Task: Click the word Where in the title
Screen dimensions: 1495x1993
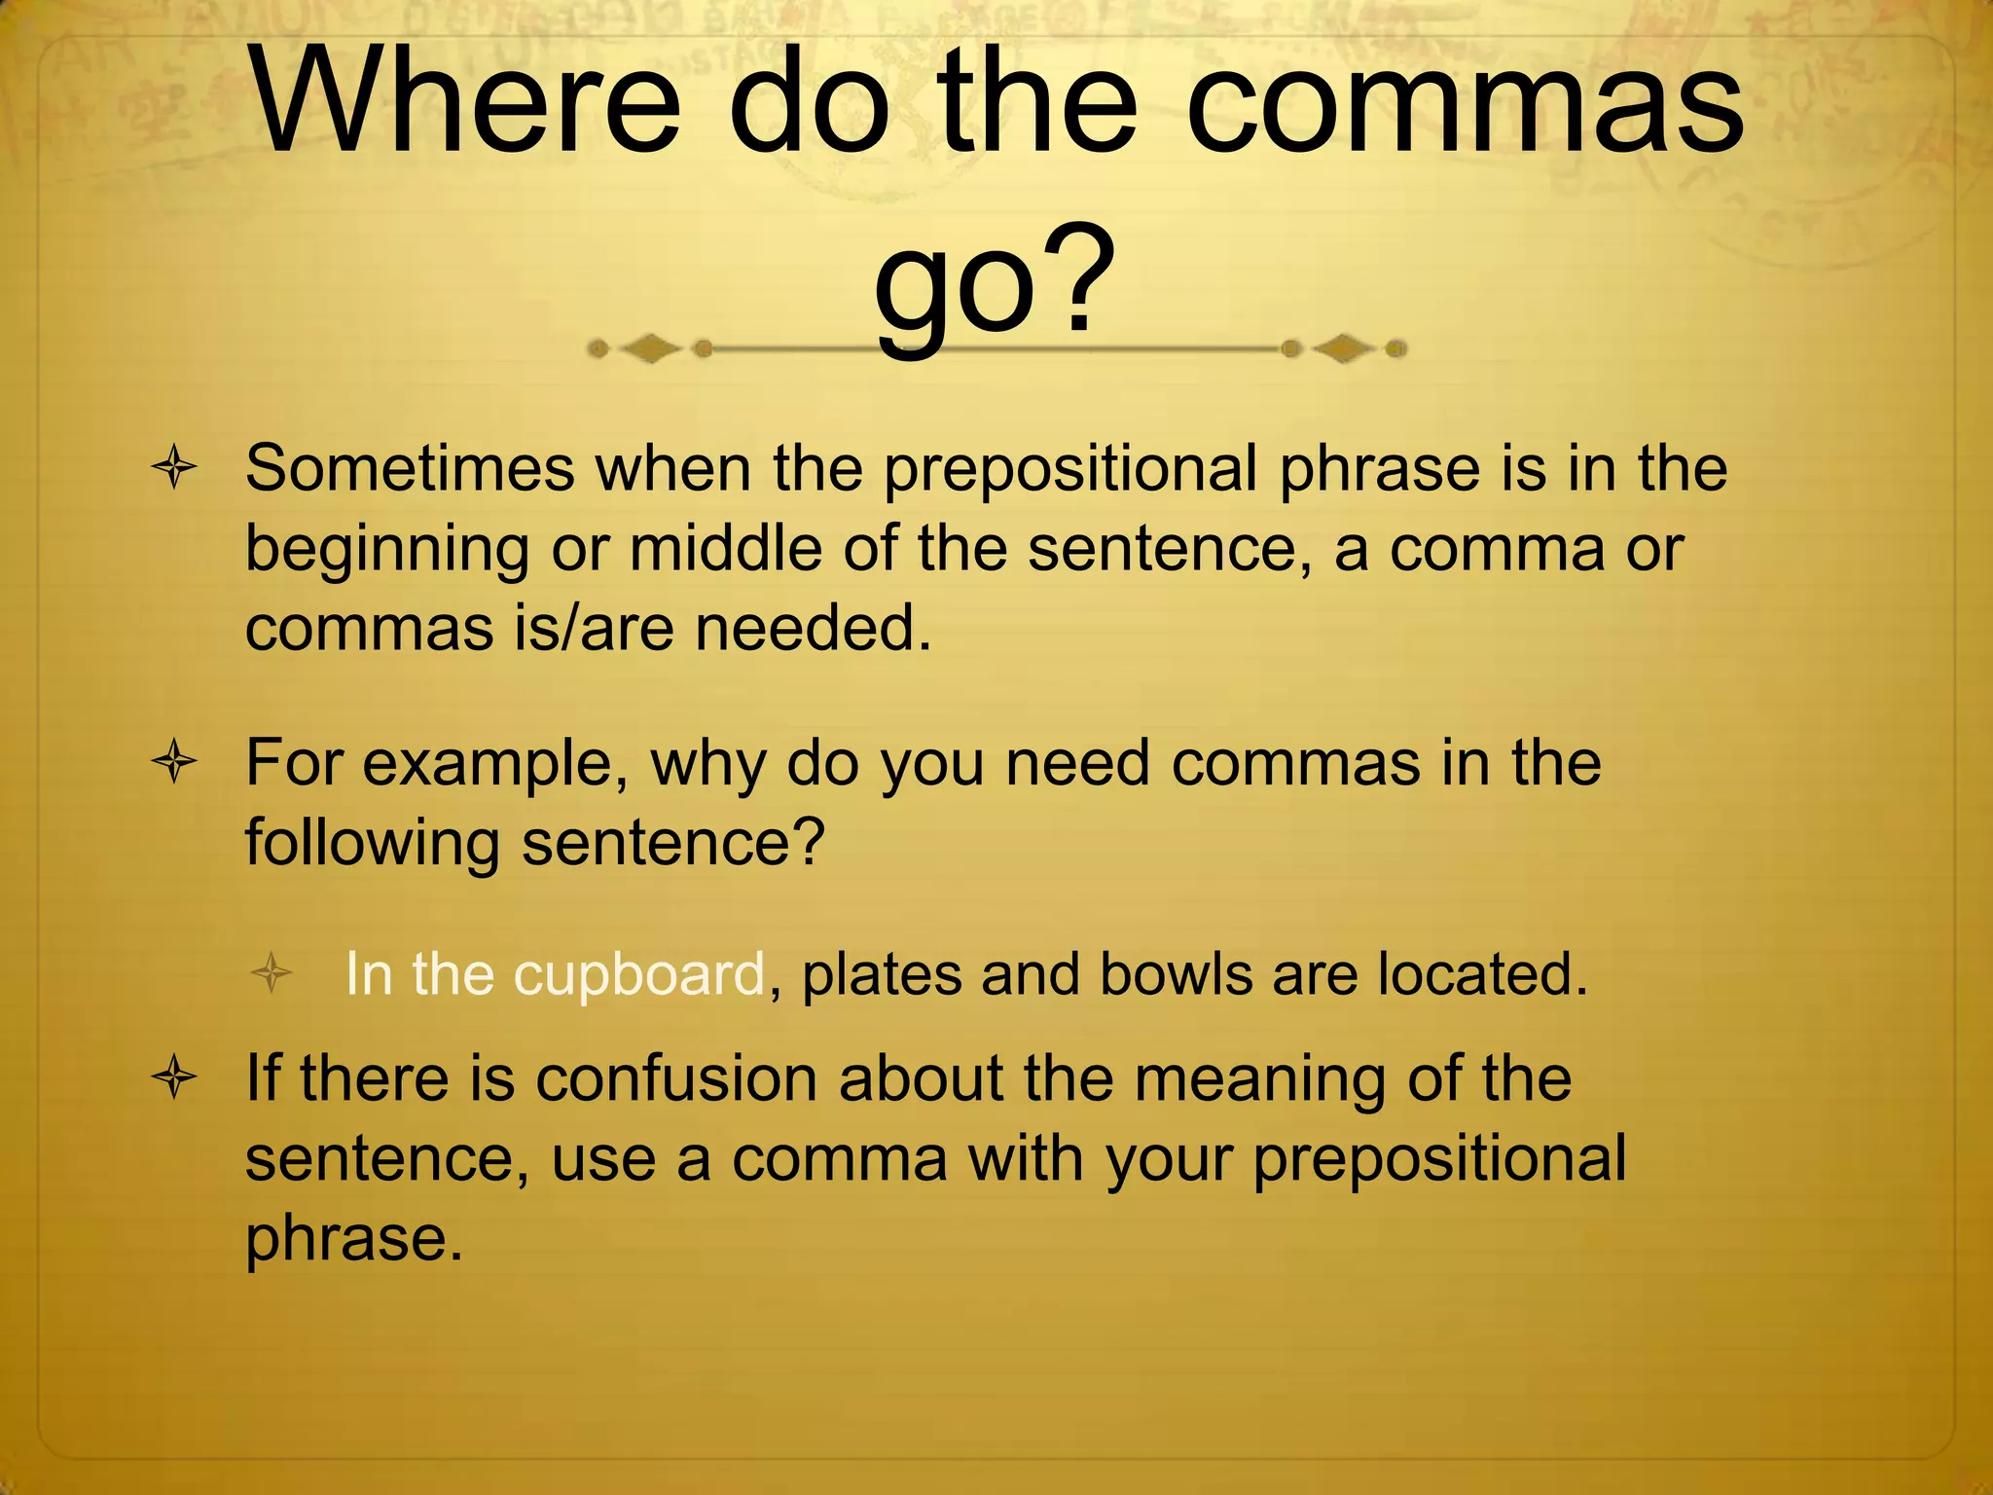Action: pyautogui.click(x=465, y=102)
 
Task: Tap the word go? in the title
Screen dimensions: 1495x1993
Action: pyautogui.click(x=994, y=282)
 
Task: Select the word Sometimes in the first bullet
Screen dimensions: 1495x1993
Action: pyautogui.click(x=410, y=469)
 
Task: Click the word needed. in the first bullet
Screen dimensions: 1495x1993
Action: pyautogui.click(x=813, y=628)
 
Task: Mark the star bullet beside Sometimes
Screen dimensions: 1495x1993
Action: pyautogui.click(x=175, y=469)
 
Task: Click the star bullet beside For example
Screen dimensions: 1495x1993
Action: pyautogui.click(x=175, y=763)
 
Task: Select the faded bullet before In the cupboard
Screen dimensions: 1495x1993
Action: pyautogui.click(x=272, y=973)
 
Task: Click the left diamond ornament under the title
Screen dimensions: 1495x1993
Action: pyautogui.click(x=650, y=348)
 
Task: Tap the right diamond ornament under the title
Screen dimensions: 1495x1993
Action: pyautogui.click(x=1344, y=348)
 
